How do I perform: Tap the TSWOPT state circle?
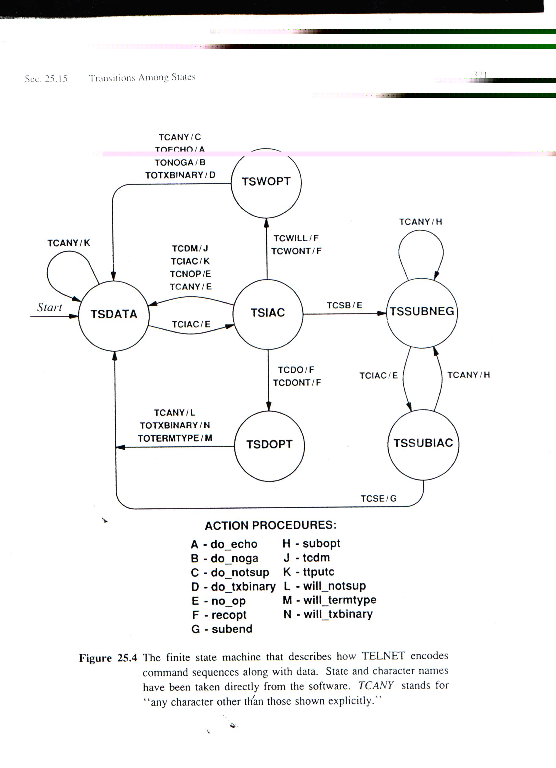click(266, 183)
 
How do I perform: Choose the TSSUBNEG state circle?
click(422, 313)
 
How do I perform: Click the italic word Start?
click(50, 307)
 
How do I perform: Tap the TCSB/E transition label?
click(344, 305)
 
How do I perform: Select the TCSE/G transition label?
click(378, 499)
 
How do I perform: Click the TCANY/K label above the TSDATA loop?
click(69, 243)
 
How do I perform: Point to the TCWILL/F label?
click(296, 238)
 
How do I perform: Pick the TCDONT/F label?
click(297, 383)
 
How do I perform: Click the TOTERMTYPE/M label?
click(175, 438)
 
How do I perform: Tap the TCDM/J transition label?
click(190, 249)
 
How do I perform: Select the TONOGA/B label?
click(180, 163)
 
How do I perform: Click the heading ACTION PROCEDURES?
click(271, 525)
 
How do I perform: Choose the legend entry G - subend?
click(222, 629)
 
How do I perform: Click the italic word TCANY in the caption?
click(376, 686)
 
